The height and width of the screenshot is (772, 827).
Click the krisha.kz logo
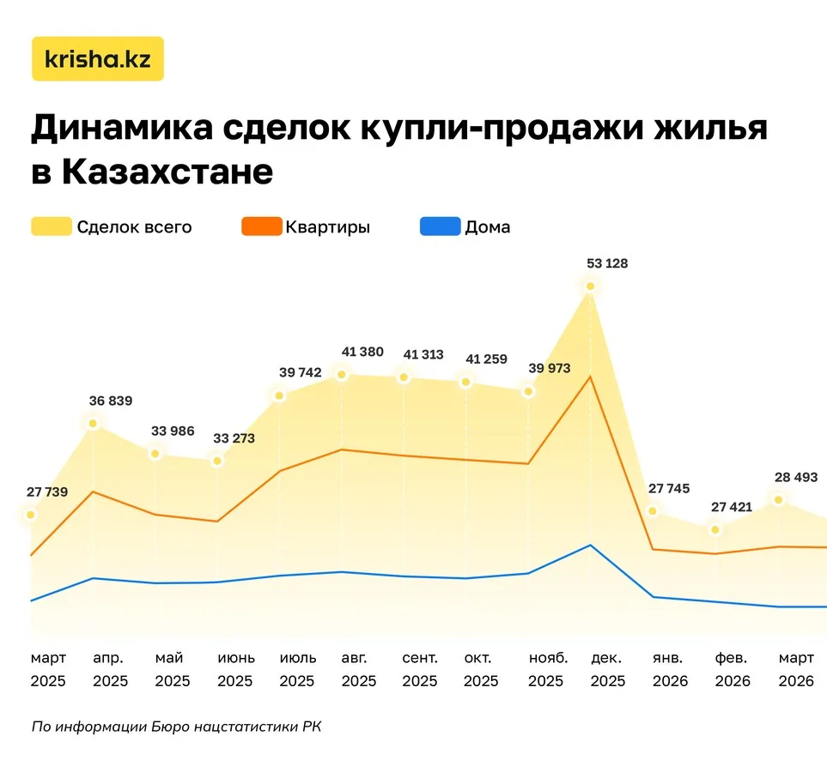pyautogui.click(x=97, y=58)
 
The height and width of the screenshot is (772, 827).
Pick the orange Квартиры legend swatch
pyautogui.click(x=260, y=227)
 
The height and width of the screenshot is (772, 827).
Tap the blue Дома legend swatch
pyautogui.click(x=440, y=227)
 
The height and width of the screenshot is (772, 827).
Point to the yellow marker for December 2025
pyautogui.click(x=590, y=286)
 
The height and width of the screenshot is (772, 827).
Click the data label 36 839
pyautogui.click(x=111, y=401)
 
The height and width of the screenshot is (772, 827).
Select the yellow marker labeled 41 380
pyautogui.click(x=341, y=375)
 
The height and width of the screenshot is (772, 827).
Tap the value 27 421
pyautogui.click(x=731, y=507)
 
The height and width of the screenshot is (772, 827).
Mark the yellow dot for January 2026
pyautogui.click(x=652, y=511)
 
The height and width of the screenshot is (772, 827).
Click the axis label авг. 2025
pyautogui.click(x=358, y=670)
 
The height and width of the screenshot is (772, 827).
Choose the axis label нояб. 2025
pyautogui.click(x=545, y=670)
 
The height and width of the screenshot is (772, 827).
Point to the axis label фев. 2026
pyautogui.click(x=732, y=670)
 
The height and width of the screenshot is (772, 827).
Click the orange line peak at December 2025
pyautogui.click(x=590, y=376)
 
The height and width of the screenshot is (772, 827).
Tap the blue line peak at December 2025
pyautogui.click(x=590, y=545)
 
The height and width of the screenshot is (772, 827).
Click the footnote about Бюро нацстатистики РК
pyautogui.click(x=176, y=727)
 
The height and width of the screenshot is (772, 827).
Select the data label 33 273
pyautogui.click(x=234, y=438)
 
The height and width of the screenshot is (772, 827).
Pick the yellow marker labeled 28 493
pyautogui.click(x=778, y=499)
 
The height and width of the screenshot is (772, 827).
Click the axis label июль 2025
pyautogui.click(x=297, y=670)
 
